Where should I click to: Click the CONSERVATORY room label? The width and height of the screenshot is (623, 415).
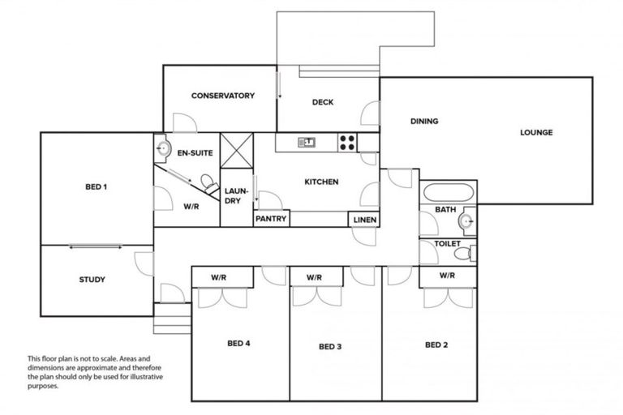[222, 96]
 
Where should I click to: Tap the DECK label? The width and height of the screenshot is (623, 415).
[323, 102]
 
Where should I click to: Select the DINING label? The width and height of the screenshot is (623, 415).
[423, 122]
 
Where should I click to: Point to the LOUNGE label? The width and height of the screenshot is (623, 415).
[536, 132]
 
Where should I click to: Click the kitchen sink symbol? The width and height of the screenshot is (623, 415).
[307, 143]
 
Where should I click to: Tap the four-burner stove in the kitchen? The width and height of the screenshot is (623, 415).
[347, 143]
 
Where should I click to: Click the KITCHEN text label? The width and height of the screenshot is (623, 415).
[321, 182]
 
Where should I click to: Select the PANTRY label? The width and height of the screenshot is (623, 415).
[271, 219]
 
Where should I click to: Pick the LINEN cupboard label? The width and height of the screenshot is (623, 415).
[363, 219]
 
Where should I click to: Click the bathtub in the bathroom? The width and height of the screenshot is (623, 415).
[448, 194]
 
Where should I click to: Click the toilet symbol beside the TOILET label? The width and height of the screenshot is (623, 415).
[462, 255]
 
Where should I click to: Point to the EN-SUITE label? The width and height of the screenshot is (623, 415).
[195, 152]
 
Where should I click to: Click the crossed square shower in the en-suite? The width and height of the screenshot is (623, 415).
[237, 149]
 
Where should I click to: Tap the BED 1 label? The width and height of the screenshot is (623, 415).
[96, 187]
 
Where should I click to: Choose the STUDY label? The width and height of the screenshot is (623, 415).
[92, 280]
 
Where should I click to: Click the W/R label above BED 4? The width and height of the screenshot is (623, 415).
[218, 277]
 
